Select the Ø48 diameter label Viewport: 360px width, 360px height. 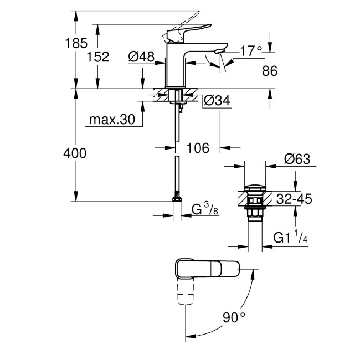(x=141, y=56)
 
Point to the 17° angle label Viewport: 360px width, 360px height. (x=250, y=51)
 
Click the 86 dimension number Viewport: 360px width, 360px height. (x=270, y=70)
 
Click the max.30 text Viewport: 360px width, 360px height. (x=111, y=119)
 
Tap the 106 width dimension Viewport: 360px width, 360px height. (x=198, y=148)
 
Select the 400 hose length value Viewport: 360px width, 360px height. (x=75, y=153)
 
